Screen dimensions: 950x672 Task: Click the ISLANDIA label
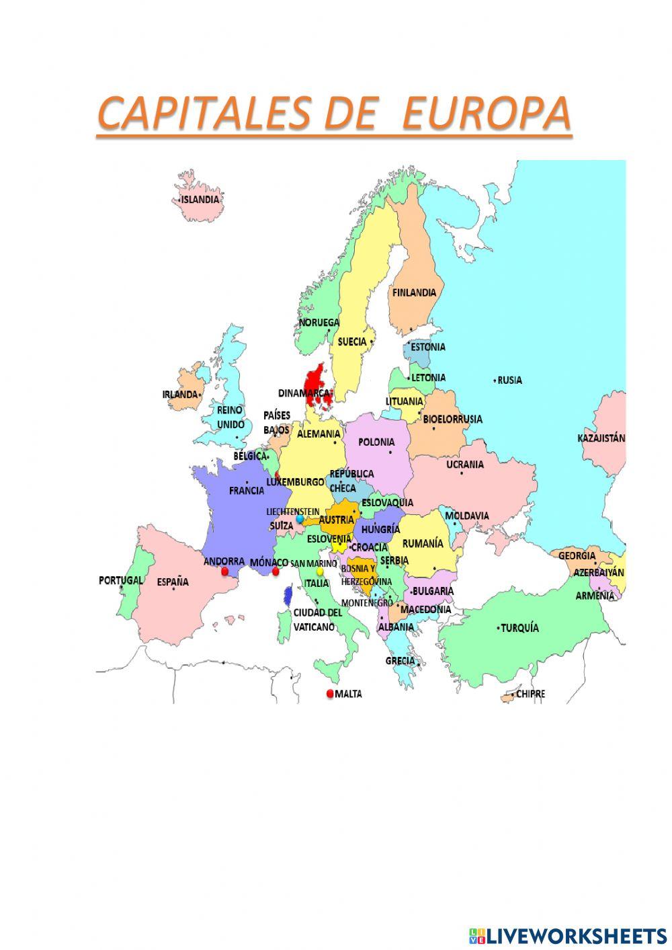200,200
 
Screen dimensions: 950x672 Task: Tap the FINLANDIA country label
414,292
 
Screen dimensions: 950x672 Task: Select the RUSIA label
510,380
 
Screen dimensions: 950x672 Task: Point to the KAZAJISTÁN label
601,438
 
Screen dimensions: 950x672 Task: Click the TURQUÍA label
520,628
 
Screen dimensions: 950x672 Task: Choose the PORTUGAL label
120,580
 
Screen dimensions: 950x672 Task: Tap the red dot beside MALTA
329,694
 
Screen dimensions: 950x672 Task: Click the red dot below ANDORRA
224,571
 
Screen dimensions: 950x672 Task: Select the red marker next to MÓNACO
276,571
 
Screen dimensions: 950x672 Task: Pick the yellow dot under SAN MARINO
320,571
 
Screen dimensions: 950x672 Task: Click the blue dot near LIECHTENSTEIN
300,519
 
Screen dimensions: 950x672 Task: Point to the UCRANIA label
465,464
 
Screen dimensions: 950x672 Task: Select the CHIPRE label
531,694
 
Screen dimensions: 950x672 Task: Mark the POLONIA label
376,442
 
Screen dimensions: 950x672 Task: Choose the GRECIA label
400,660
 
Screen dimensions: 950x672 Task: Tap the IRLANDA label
180,395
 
